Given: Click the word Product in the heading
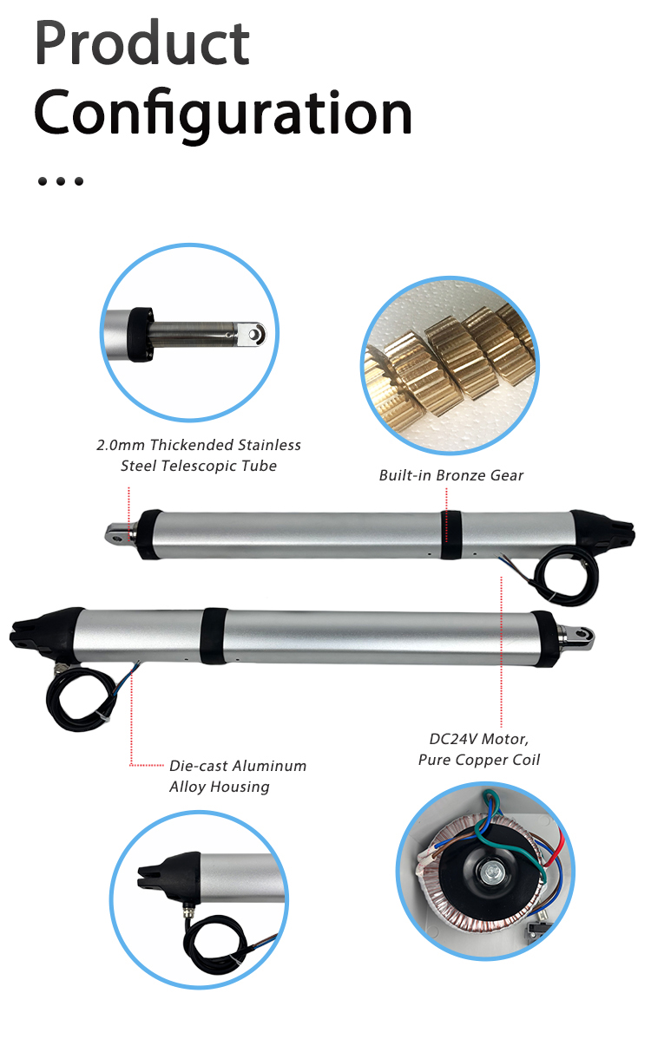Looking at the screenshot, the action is (142, 43).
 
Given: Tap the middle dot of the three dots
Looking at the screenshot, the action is (60, 181).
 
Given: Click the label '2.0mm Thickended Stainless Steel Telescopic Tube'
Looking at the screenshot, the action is (199, 455).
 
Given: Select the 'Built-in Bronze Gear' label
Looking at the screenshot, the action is (451, 475).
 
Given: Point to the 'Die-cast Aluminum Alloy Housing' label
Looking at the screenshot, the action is (238, 776).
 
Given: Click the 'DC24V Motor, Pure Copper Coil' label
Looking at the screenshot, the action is (479, 749).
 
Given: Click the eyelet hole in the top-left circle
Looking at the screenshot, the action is (254, 335).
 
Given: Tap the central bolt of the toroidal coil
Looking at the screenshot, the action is (491, 872).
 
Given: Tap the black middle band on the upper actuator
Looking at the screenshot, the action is (451, 534).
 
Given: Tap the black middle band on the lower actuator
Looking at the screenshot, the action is (214, 636).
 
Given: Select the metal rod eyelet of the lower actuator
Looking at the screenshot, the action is (578, 636).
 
